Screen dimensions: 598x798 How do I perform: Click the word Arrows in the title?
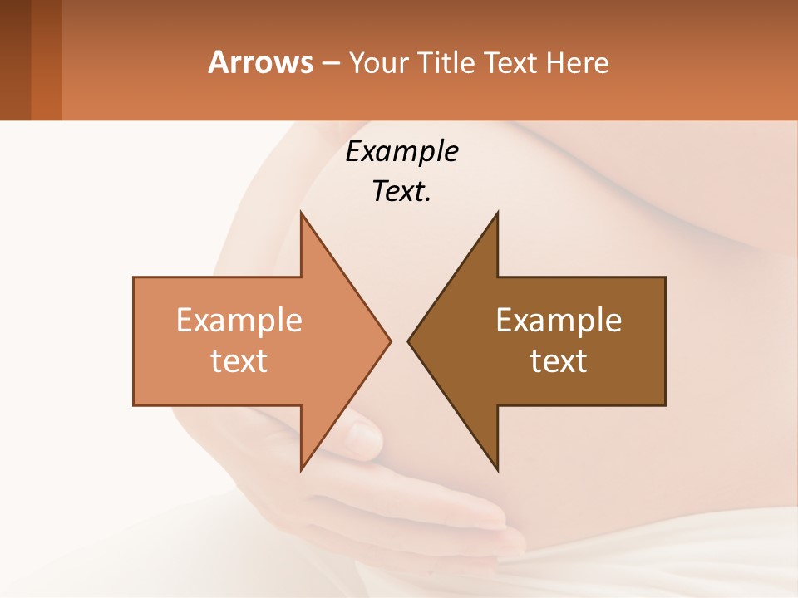[x=260, y=62]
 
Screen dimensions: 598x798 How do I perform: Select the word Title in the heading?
[x=446, y=62]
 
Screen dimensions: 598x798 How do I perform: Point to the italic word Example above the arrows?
[x=402, y=152]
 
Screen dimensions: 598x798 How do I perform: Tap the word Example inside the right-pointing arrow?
[x=239, y=321]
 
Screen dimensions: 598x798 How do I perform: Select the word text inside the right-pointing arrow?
[x=239, y=361]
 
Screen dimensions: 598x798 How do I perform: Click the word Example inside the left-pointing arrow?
[x=559, y=321]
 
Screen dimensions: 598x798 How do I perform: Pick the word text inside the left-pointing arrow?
[x=559, y=361]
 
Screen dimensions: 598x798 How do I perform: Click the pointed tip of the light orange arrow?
[x=389, y=341]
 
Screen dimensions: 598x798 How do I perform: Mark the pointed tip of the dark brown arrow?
[x=409, y=341]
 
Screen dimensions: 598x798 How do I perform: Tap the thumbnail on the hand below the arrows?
[x=362, y=433]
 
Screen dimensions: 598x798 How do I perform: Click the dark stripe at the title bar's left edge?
[x=15, y=60]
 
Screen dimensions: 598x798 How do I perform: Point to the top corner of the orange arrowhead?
[x=302, y=213]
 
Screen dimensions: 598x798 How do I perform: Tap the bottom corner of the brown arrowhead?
[x=497, y=468]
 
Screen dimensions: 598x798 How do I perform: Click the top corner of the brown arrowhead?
[x=497, y=213]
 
